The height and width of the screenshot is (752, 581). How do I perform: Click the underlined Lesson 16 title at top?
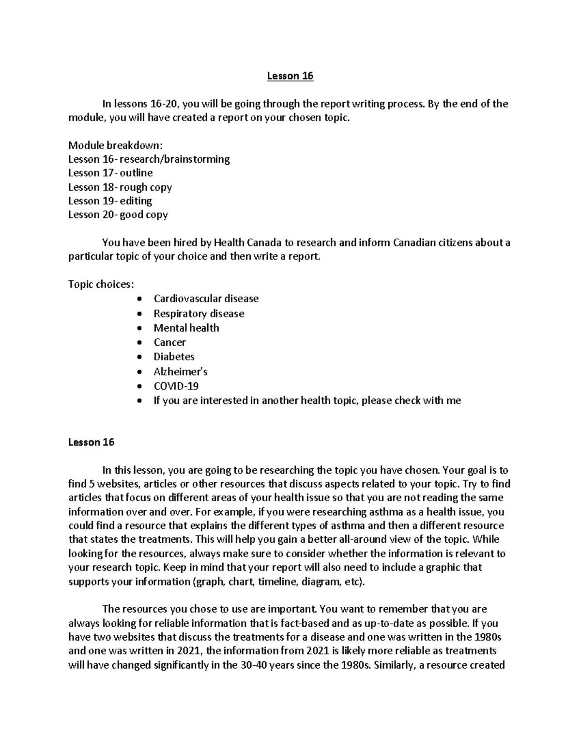(290, 76)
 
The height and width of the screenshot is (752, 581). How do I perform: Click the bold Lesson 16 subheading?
(91, 442)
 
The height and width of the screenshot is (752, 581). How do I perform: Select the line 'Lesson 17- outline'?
(110, 173)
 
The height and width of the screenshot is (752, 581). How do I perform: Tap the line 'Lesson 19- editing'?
(110, 200)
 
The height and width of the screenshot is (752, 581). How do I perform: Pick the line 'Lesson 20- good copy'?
(118, 215)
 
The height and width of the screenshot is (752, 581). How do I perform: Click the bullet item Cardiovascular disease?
(206, 299)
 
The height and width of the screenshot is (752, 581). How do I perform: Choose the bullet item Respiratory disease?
(199, 314)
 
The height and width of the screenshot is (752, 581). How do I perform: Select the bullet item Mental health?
(186, 328)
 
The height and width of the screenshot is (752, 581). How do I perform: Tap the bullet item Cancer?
(169, 342)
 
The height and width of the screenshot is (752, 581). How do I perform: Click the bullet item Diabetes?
(174, 357)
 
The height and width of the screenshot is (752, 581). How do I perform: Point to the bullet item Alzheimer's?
(180, 372)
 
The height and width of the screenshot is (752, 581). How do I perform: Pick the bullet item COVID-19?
(176, 386)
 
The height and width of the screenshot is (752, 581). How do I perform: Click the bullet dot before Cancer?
(140, 343)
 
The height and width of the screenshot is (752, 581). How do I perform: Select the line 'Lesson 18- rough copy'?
(120, 187)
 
